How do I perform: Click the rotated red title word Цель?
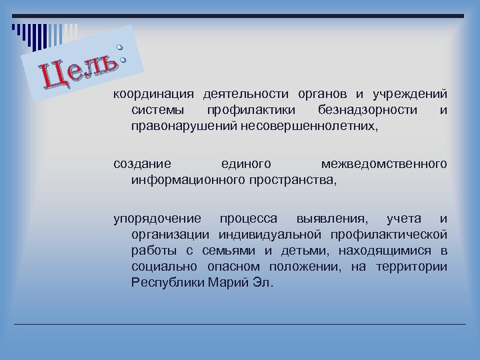click(x=81, y=70)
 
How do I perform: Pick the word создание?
click(x=141, y=163)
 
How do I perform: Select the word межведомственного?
click(x=383, y=163)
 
